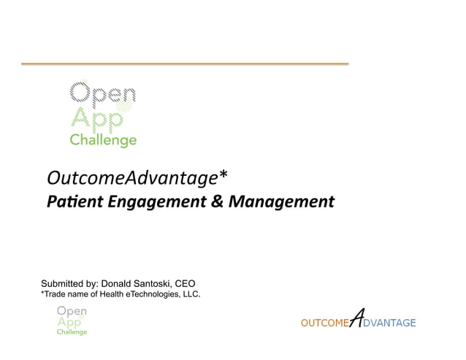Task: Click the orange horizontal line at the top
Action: (184, 64)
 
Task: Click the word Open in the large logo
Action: (102, 93)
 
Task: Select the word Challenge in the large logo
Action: (103, 140)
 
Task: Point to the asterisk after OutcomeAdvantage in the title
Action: (224, 175)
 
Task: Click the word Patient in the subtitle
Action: (71, 201)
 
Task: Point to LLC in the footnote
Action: (190, 294)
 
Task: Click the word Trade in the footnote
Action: (54, 294)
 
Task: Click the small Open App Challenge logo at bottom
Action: (72, 321)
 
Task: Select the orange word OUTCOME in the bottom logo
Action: (325, 323)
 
